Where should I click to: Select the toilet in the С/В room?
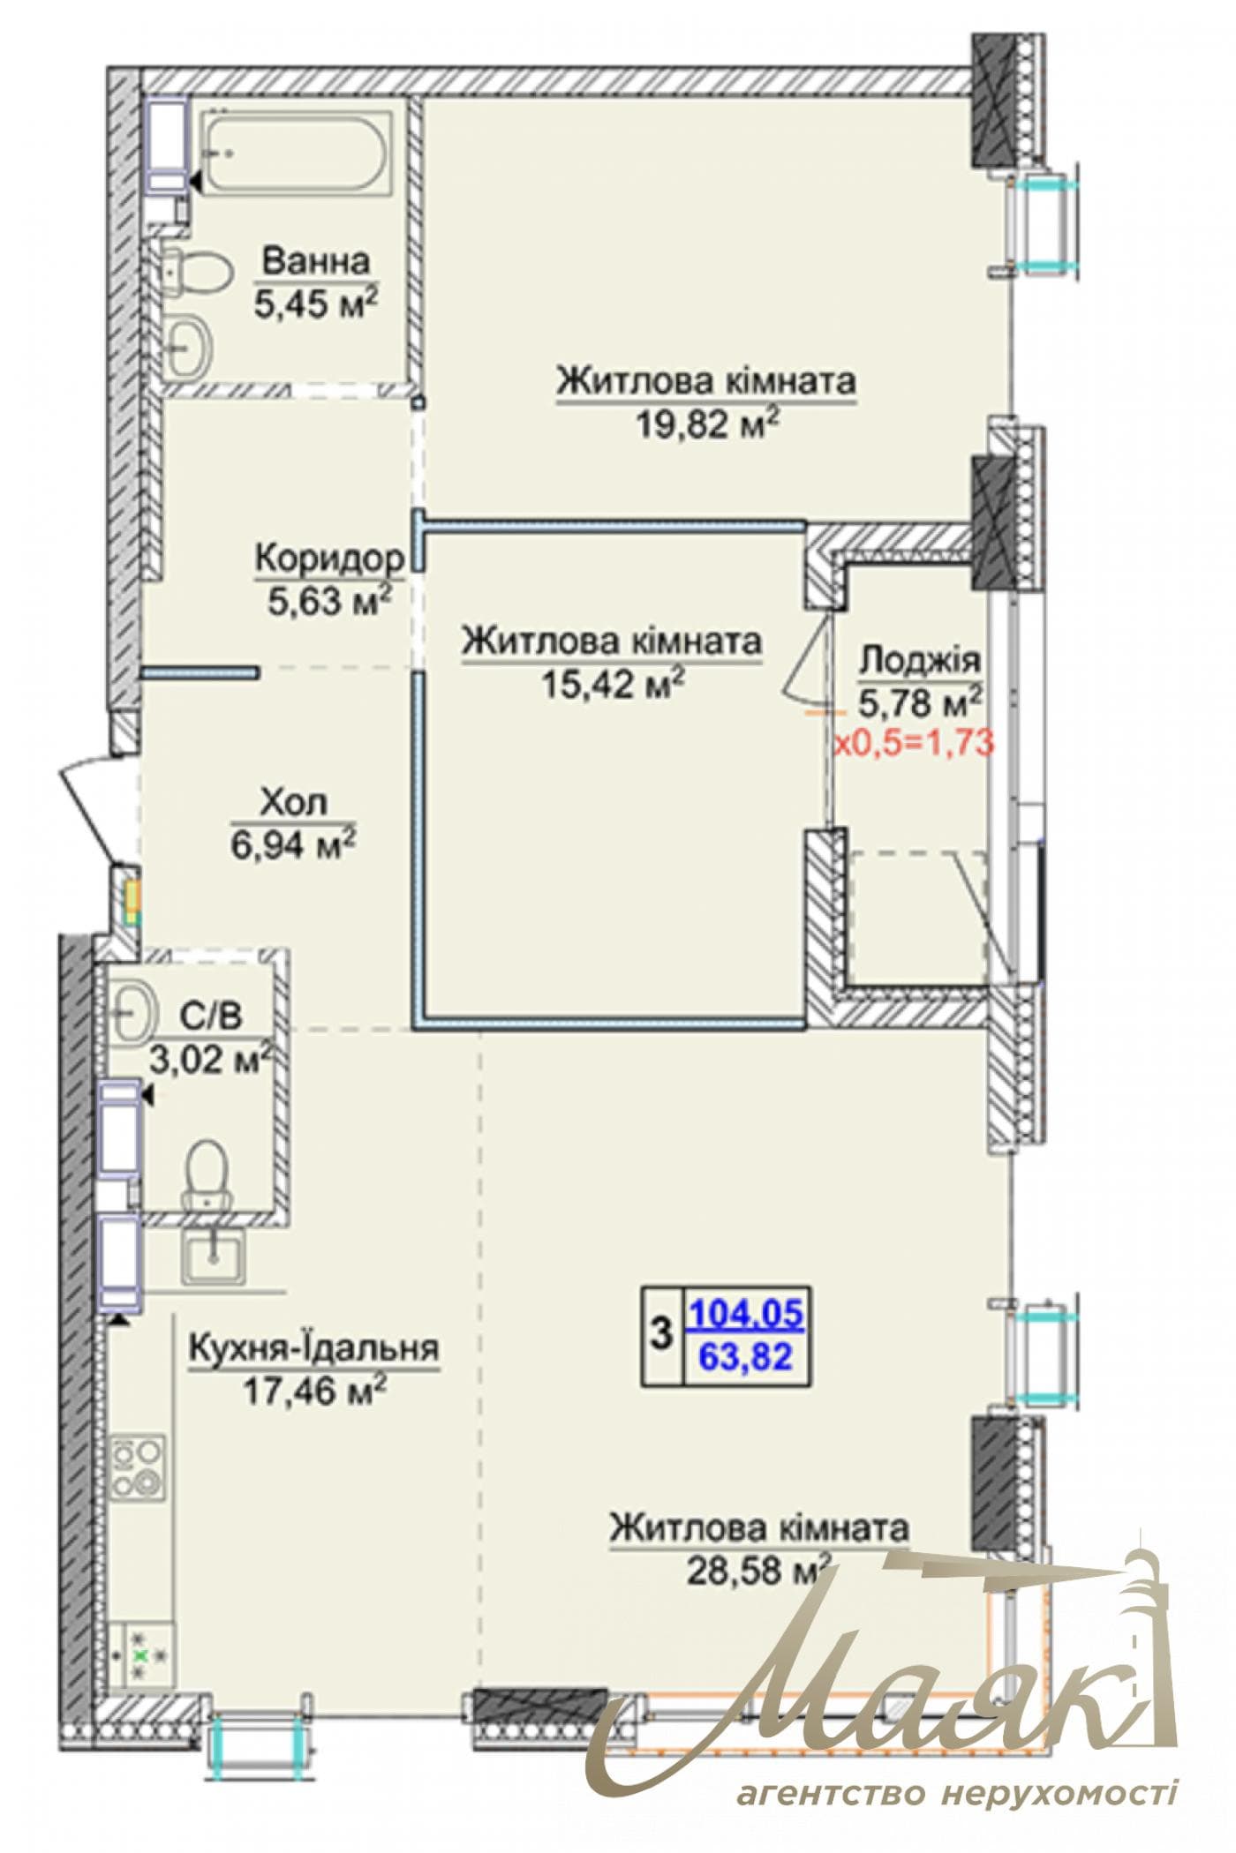(x=208, y=1174)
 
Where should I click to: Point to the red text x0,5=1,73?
(x=915, y=742)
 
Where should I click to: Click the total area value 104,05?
(x=746, y=1314)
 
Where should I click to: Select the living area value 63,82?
(x=746, y=1355)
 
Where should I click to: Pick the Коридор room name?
(x=329, y=559)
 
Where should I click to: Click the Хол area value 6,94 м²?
(x=294, y=845)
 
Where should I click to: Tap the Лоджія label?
(x=920, y=659)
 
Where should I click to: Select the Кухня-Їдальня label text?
(x=315, y=1347)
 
